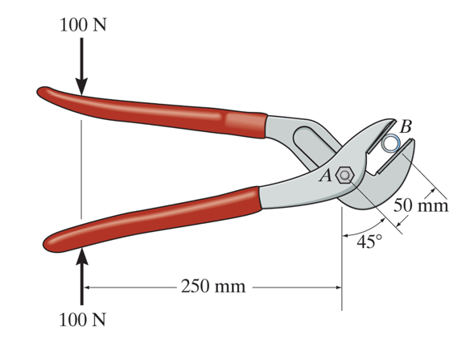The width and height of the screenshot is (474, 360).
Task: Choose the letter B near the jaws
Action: pos(406,126)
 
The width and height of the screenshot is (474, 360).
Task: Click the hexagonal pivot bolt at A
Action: pos(345,175)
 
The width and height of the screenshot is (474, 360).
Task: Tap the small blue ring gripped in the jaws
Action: pos(392,143)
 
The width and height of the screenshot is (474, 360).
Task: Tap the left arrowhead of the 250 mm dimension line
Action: pos(88,287)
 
